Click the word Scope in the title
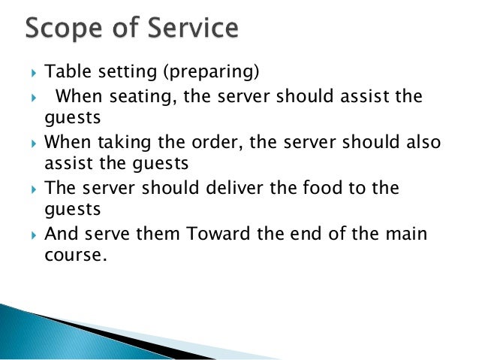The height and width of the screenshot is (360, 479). click(65, 31)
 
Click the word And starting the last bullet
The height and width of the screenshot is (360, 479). click(62, 234)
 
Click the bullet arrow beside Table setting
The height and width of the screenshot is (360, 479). click(34, 73)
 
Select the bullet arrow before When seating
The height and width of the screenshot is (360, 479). click(34, 97)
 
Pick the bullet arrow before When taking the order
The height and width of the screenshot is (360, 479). click(34, 144)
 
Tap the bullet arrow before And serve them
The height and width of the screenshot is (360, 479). click(34, 234)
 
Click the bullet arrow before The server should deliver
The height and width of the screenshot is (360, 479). click(34, 189)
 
